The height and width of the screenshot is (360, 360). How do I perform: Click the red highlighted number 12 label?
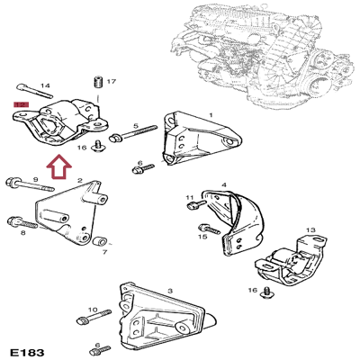tap(20, 105)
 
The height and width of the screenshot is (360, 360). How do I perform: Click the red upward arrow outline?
tap(59, 166)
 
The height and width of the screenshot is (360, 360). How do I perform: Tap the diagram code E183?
tap(26, 350)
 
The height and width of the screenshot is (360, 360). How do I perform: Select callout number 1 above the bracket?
tap(211, 115)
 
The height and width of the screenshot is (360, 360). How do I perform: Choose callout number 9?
tap(189, 197)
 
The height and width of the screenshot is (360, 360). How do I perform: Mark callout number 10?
tap(310, 231)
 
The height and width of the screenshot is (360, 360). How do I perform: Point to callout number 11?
tap(202, 237)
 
